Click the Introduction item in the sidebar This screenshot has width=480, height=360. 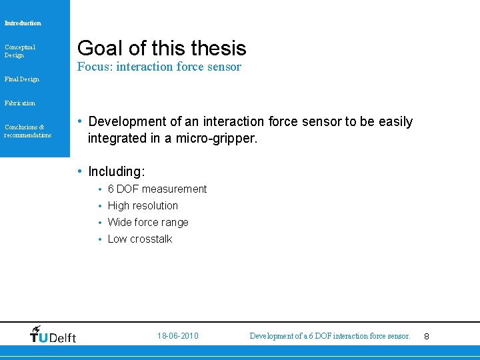[23, 23]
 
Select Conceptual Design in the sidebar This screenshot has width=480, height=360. [20, 51]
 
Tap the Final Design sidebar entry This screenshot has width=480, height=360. [22, 79]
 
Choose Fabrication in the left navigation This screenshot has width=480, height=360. [20, 103]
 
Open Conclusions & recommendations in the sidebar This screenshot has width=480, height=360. [27, 131]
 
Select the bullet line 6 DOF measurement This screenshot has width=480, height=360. [157, 189]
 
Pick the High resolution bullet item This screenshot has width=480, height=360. [143, 206]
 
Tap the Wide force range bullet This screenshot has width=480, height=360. [148, 223]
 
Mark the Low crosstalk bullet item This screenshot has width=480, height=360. [140, 239]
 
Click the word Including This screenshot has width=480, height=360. [116, 172]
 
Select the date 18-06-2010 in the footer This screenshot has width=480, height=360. [178, 336]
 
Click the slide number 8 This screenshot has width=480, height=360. [427, 337]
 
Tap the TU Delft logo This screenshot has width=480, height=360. [53, 335]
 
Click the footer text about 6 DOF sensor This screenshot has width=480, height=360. [330, 336]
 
